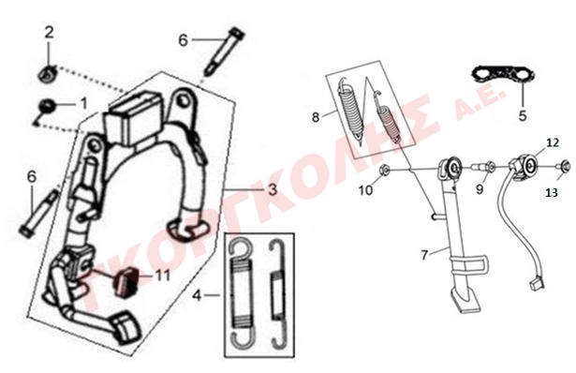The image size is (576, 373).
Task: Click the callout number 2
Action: pyautogui.click(x=49, y=33)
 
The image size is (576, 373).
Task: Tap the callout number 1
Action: pyautogui.click(x=84, y=104)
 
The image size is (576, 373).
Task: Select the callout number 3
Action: pyautogui.click(x=273, y=189)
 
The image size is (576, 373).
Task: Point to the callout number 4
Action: pyautogui.click(x=198, y=295)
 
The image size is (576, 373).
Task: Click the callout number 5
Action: pyautogui.click(x=523, y=115)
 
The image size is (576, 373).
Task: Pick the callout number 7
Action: pyautogui.click(x=424, y=255)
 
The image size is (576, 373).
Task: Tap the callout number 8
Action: pyautogui.click(x=316, y=117)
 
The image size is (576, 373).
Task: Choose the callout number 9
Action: pyautogui.click(x=480, y=189)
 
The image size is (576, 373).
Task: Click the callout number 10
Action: pyautogui.click(x=365, y=190)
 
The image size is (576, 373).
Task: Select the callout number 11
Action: pyautogui.click(x=163, y=276)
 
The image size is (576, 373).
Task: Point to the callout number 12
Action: pyautogui.click(x=553, y=142)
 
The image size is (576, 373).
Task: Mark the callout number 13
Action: pyautogui.click(x=552, y=192)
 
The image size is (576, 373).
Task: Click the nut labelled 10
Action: pyautogui.click(x=384, y=171)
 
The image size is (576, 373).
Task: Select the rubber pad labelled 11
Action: pyautogui.click(x=125, y=282)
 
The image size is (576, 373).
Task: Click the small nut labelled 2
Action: pyautogui.click(x=47, y=75)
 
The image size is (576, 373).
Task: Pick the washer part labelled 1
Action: pyautogui.click(x=48, y=107)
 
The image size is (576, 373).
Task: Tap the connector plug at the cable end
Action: pyautogui.click(x=536, y=285)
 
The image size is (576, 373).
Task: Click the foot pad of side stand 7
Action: pyautogui.click(x=466, y=302)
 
